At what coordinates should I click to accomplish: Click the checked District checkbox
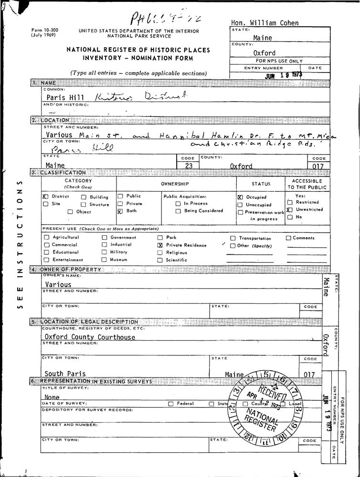click(x=45, y=197)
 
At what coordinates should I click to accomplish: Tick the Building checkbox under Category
click(x=84, y=197)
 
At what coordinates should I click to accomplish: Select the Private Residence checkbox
click(x=160, y=245)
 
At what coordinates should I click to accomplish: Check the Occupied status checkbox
click(x=240, y=197)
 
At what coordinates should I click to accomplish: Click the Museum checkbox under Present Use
click(x=104, y=260)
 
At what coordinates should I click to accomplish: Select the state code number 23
click(x=188, y=166)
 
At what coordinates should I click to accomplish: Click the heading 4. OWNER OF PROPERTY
click(x=66, y=270)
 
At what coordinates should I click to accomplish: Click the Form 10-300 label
click(x=45, y=30)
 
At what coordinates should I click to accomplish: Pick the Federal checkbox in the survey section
click(x=170, y=404)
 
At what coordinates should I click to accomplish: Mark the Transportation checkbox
click(x=233, y=238)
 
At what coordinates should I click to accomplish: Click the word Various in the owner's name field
click(x=58, y=284)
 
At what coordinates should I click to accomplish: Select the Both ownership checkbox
click(x=120, y=211)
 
